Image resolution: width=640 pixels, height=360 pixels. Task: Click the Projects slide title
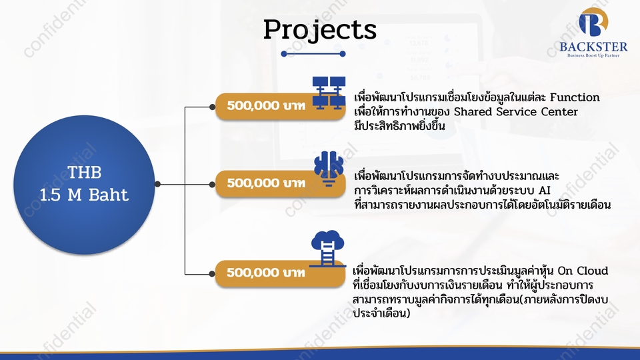(319, 30)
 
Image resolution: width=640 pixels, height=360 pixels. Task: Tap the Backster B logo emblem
(593, 23)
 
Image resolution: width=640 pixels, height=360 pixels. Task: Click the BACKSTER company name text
(593, 47)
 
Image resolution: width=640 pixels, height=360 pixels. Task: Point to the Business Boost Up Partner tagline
(593, 56)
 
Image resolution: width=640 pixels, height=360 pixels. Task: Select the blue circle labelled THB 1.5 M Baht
(85, 183)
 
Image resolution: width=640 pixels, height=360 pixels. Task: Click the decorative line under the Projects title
(313, 53)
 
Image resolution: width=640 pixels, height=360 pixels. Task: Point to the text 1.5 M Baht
(85, 195)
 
